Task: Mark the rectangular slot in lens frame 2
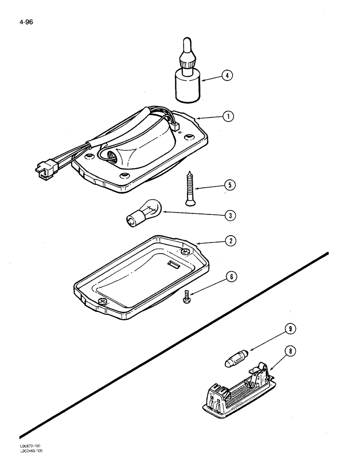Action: [174, 264]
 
